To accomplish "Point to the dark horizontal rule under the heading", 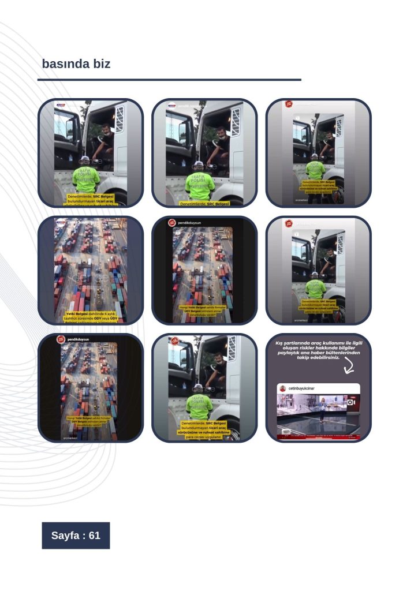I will tap(169, 80).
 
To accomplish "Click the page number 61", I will tap(95, 536).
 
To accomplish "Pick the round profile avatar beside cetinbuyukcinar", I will tap(283, 389).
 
